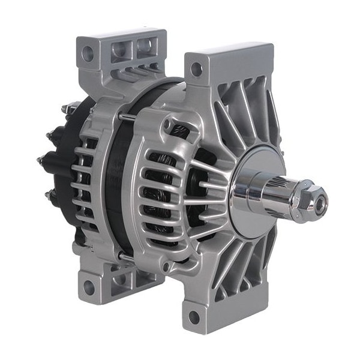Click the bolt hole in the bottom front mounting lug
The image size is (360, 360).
(194, 317)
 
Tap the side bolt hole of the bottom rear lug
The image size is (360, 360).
(89, 287)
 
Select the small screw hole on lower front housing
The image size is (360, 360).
(163, 265)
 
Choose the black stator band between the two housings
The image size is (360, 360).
(114, 180)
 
